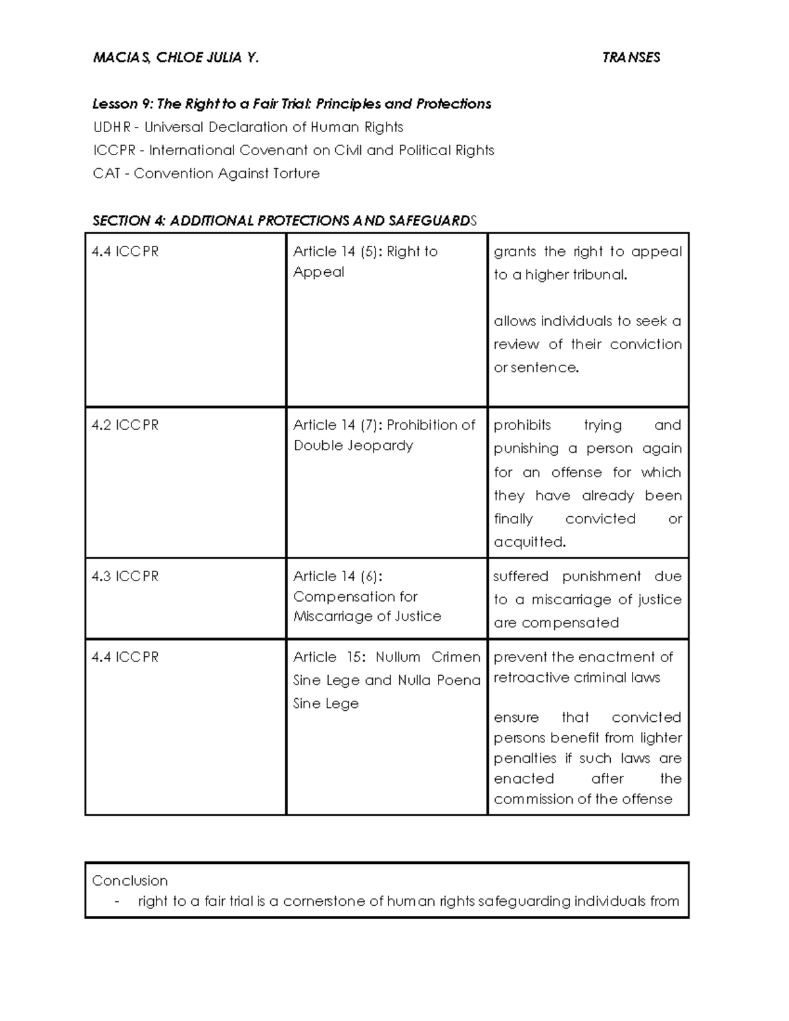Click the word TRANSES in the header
(x=631, y=58)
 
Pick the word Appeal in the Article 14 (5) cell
(x=319, y=272)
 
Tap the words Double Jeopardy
(x=354, y=446)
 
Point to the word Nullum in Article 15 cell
(x=398, y=657)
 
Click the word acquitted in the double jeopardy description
(x=529, y=542)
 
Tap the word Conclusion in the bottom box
(x=130, y=881)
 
